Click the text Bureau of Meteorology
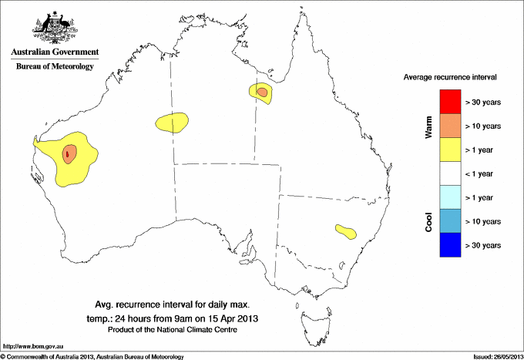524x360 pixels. [x=55, y=67]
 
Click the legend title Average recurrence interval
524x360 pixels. [x=449, y=78]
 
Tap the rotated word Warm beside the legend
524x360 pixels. [x=429, y=127]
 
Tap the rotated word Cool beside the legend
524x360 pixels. [x=429, y=222]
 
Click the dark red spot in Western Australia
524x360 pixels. [x=68, y=154]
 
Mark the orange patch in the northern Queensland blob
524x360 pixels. [x=263, y=93]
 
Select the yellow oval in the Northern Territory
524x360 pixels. [x=173, y=121]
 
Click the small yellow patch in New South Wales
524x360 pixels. [x=344, y=230]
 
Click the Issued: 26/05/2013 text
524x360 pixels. [x=492, y=356]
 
